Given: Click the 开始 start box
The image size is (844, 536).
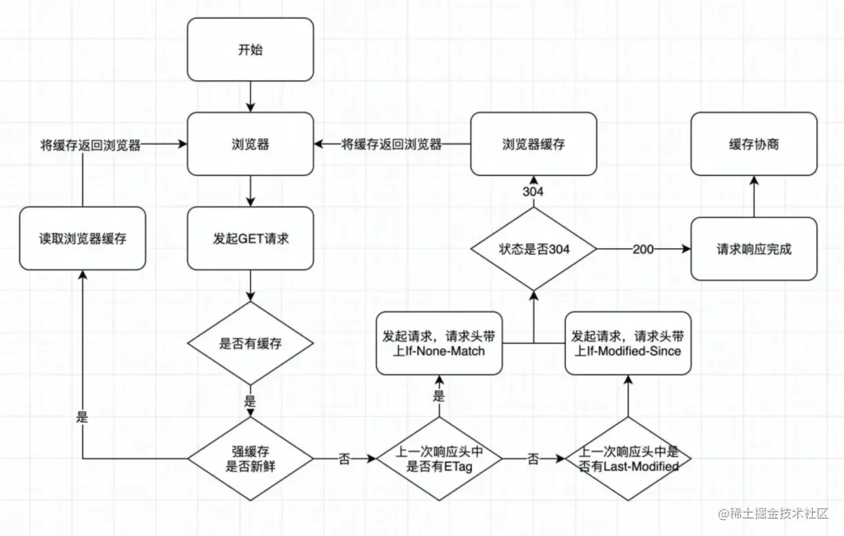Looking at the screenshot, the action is tap(250, 50).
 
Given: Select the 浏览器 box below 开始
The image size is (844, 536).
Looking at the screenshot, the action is tap(250, 144).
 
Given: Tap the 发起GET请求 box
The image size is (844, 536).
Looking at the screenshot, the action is tap(250, 238).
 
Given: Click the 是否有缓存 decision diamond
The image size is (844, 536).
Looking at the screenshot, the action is tap(250, 343).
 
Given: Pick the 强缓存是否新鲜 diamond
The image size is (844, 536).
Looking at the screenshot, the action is tap(250, 459).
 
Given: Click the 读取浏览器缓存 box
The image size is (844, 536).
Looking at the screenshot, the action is tap(83, 238).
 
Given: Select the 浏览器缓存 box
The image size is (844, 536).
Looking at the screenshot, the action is tap(533, 144).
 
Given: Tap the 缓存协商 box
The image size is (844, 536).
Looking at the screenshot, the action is tap(754, 144).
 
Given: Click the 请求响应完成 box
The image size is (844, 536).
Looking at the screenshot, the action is tap(754, 249).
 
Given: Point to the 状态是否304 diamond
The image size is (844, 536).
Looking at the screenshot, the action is tap(533, 249).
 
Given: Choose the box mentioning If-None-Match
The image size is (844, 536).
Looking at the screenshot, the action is tap(440, 343).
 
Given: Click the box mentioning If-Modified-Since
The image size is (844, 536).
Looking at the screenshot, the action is tap(628, 343).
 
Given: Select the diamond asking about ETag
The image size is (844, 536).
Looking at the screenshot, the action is tap(440, 459).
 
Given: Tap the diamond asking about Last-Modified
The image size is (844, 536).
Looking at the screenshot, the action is tap(628, 459).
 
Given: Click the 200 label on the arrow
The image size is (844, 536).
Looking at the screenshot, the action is tap(643, 249).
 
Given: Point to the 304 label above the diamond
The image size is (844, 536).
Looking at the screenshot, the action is tap(533, 192).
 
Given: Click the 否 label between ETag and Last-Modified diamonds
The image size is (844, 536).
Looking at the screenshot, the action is tap(533, 459).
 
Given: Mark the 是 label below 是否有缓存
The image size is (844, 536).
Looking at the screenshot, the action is tap(250, 401).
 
